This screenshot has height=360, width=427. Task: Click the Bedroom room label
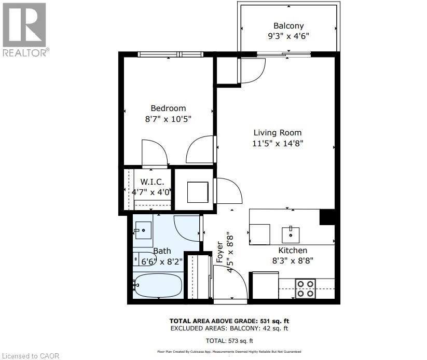coord(168,108)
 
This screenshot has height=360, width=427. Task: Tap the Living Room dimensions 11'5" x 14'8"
coord(278,144)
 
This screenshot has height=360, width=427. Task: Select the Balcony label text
coord(288,26)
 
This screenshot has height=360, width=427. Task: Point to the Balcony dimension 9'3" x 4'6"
coord(288,37)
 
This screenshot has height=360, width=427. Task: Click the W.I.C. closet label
coord(152,182)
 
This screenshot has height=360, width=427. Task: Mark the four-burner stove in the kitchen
coord(305,288)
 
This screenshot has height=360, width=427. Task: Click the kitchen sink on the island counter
coord(291,235)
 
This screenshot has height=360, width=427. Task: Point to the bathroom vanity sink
coord(143,230)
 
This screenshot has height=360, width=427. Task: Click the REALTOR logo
coord(25,29)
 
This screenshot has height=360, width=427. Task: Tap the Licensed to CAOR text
coord(30,356)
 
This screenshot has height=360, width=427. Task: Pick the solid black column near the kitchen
coord(327,217)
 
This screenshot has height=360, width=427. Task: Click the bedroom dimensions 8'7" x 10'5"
coord(168,119)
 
